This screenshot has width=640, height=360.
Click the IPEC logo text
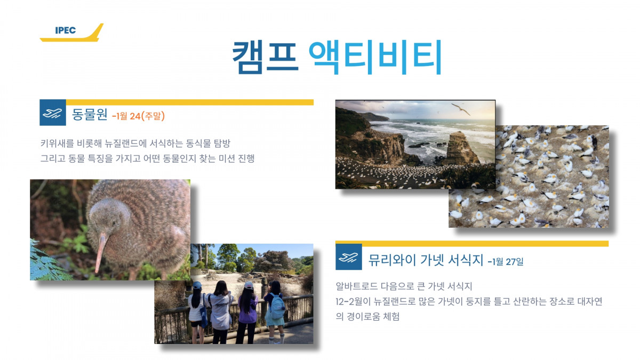[x=66, y=30]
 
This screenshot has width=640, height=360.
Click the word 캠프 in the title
[x=266, y=57]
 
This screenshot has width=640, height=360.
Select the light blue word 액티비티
[x=375, y=57]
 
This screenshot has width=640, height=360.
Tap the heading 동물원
[x=90, y=115]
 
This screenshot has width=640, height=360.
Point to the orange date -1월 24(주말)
[x=139, y=116]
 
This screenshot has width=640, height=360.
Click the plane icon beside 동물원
[x=53, y=113]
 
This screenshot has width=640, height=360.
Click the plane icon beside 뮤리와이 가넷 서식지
[x=349, y=257]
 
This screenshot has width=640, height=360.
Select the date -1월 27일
[x=506, y=261]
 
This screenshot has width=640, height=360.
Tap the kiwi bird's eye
[x=114, y=223]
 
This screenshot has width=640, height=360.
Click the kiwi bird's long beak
[x=101, y=252]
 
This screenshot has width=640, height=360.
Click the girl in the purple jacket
[x=247, y=313]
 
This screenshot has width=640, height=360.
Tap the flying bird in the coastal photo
[x=461, y=109]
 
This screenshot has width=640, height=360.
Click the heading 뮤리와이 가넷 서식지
[x=426, y=260]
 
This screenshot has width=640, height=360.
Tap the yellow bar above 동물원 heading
[x=190, y=102]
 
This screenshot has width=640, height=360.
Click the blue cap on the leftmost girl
[x=197, y=285]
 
